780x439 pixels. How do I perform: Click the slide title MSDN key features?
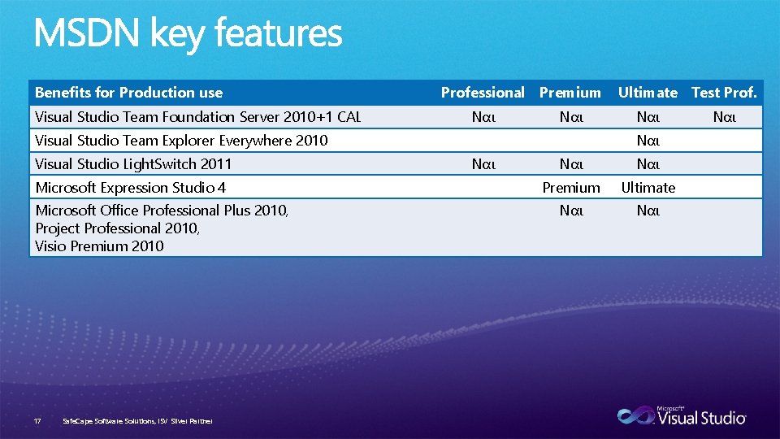188,34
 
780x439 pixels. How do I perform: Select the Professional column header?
483,93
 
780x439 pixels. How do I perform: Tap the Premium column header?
570,93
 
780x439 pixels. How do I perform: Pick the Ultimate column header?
648,93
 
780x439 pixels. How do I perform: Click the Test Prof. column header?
724,93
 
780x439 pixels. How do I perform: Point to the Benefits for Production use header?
128,93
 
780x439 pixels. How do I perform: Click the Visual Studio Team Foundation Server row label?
197,117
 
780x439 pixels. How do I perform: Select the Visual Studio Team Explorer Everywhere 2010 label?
181,141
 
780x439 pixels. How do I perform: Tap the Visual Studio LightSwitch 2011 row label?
133,164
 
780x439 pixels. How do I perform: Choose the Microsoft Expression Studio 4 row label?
130,188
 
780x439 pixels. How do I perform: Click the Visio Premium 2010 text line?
99,246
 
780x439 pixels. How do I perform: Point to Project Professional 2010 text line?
117,228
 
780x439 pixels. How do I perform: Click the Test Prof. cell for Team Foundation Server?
724,117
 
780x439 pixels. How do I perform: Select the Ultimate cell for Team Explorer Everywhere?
648,141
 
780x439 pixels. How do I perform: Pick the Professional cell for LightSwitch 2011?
483,164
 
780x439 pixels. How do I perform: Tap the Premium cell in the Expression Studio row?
570,188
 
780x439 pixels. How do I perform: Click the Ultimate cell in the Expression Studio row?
648,188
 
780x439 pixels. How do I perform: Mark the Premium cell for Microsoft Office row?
570,211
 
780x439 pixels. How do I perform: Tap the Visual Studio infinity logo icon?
635,415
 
